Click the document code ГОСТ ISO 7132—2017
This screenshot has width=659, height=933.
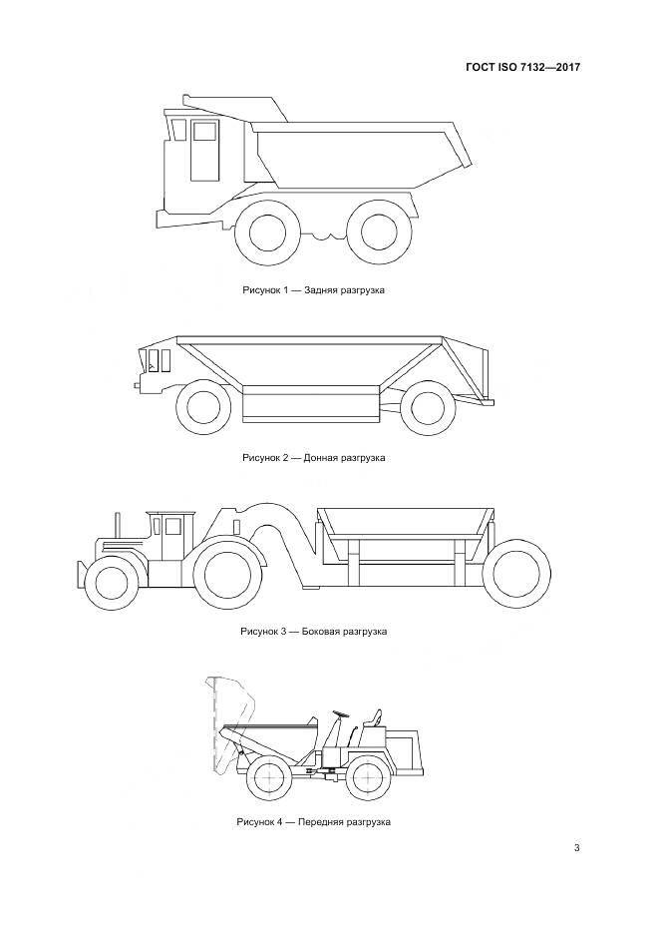pos(522,67)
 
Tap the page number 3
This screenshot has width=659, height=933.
pos(576,847)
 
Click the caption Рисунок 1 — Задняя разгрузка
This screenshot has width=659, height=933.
pos(313,290)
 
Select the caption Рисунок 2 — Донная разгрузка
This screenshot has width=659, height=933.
pos(314,458)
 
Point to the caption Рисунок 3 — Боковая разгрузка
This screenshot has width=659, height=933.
pos(314,631)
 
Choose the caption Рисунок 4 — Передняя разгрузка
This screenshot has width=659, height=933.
pos(314,821)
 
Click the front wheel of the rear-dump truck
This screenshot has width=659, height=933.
pos(267,232)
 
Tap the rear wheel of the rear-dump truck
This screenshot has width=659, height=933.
pos(379,232)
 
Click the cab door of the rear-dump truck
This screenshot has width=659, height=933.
pos(205,150)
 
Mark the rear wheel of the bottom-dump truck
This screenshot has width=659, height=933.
pos(428,407)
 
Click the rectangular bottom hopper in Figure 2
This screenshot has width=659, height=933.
pos(311,404)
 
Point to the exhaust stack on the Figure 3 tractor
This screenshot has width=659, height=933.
pos(118,524)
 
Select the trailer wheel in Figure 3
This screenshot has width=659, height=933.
pos(516,573)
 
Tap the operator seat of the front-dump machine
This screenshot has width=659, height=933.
pos(373,719)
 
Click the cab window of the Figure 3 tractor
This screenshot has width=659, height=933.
pos(172,526)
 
